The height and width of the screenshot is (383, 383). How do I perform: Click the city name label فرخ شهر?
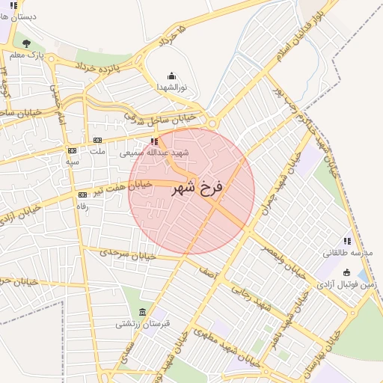point(191,189)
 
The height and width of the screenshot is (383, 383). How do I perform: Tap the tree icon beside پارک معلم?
point(27,43)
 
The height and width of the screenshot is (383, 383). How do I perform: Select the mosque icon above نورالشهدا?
point(171,76)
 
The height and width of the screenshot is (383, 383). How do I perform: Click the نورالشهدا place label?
point(171,88)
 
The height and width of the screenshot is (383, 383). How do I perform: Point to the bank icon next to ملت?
point(97,140)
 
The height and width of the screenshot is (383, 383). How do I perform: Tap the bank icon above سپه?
point(72,150)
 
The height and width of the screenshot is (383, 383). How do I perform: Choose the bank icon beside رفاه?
point(82,194)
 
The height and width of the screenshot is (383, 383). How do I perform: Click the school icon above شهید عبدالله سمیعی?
point(154,141)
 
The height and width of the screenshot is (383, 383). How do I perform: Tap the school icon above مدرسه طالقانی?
point(347,241)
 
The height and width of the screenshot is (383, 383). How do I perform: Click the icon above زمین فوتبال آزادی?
point(346,272)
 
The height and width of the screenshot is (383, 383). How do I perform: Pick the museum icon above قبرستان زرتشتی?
point(143,312)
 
